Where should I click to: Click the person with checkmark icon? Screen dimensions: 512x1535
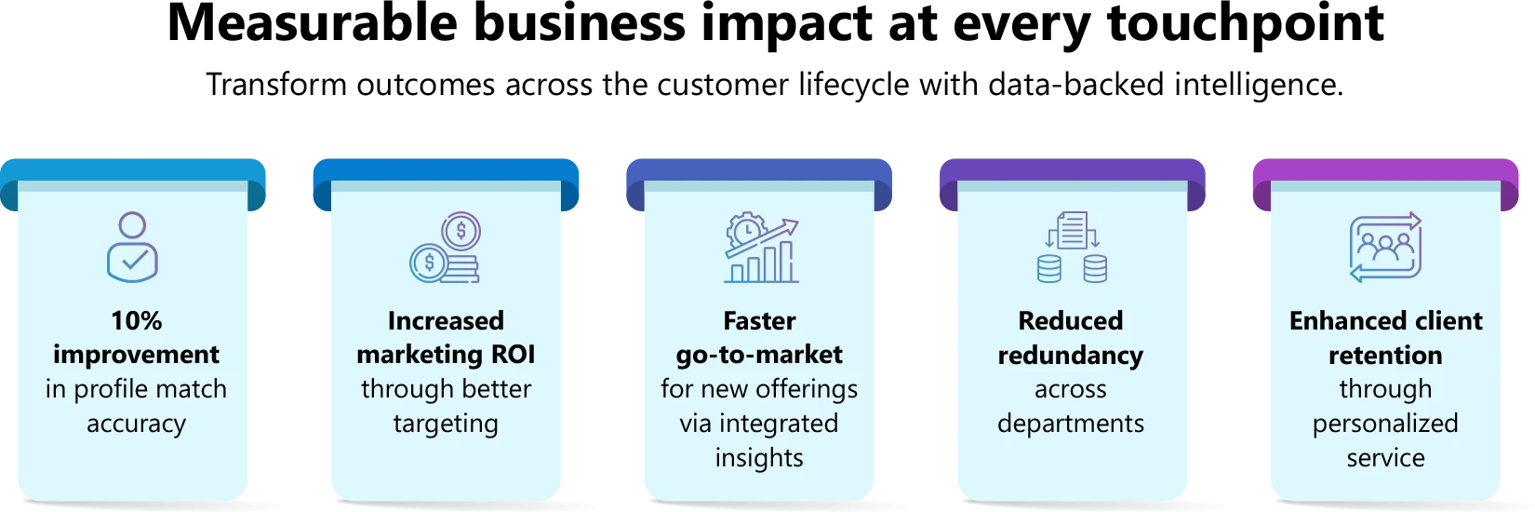click(133, 247)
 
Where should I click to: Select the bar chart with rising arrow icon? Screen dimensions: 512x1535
click(761, 249)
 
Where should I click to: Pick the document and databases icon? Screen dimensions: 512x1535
click(1071, 248)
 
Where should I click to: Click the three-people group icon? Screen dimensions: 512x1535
click(1385, 247)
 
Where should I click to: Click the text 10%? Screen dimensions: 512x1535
click(136, 321)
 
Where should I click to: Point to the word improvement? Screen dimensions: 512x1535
click(136, 355)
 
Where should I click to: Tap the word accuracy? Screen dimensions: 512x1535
click(136, 424)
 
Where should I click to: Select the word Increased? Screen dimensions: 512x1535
click(446, 321)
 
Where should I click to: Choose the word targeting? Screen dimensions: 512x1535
click(446, 424)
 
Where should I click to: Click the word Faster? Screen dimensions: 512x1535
click(759, 321)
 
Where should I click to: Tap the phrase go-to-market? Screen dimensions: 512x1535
click(759, 355)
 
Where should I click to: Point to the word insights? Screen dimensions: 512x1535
click(759, 458)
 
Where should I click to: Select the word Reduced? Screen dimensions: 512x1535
click(1071, 321)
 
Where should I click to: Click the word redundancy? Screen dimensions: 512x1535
click(1071, 355)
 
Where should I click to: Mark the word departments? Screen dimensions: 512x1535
click(1071, 424)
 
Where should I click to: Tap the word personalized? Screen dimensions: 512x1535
click(1385, 424)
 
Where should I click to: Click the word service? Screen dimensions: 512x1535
click(1385, 458)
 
